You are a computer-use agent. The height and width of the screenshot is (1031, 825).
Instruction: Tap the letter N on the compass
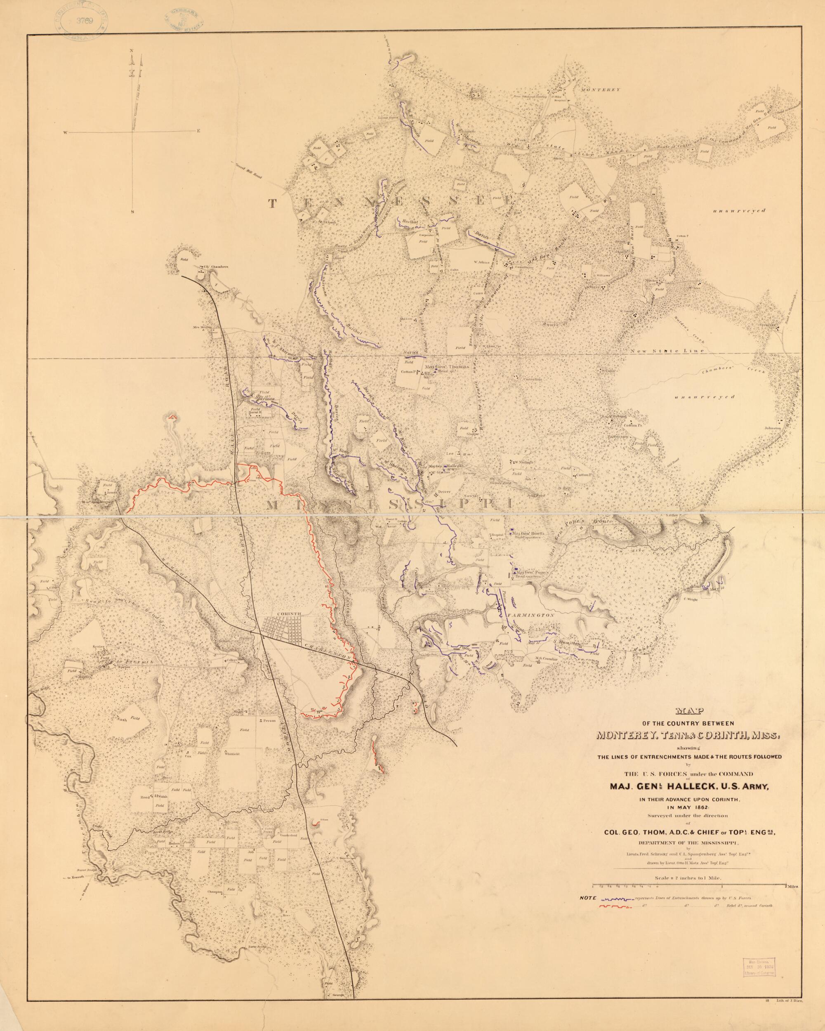pos(132,51)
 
